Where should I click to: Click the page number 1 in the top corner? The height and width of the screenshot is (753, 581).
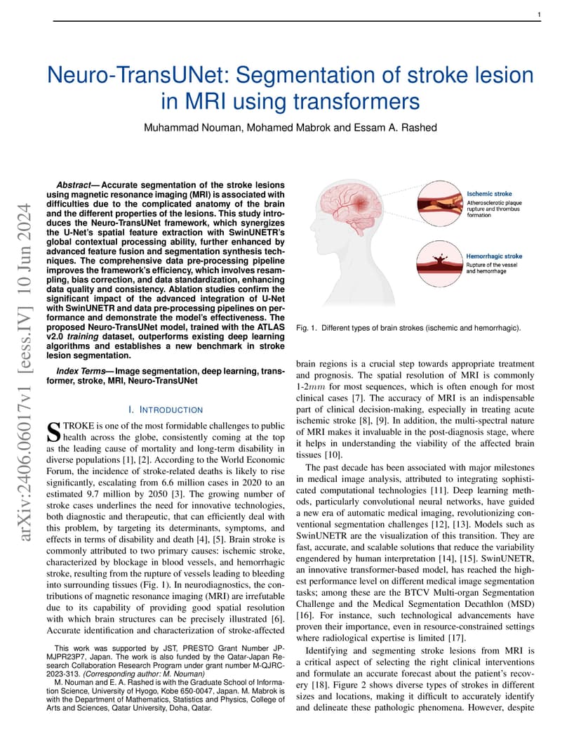click(x=538, y=14)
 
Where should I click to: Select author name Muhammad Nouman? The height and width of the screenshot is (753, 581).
click(x=183, y=127)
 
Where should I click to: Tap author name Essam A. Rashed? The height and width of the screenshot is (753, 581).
click(x=398, y=127)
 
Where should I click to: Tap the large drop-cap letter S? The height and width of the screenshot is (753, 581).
click(x=53, y=431)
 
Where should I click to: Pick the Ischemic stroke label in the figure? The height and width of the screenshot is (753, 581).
click(x=489, y=193)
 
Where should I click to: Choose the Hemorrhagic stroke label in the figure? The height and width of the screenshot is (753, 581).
click(x=495, y=256)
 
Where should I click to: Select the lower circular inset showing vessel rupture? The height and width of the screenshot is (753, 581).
click(x=438, y=263)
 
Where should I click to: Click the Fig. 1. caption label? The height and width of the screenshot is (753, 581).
click(x=307, y=328)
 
